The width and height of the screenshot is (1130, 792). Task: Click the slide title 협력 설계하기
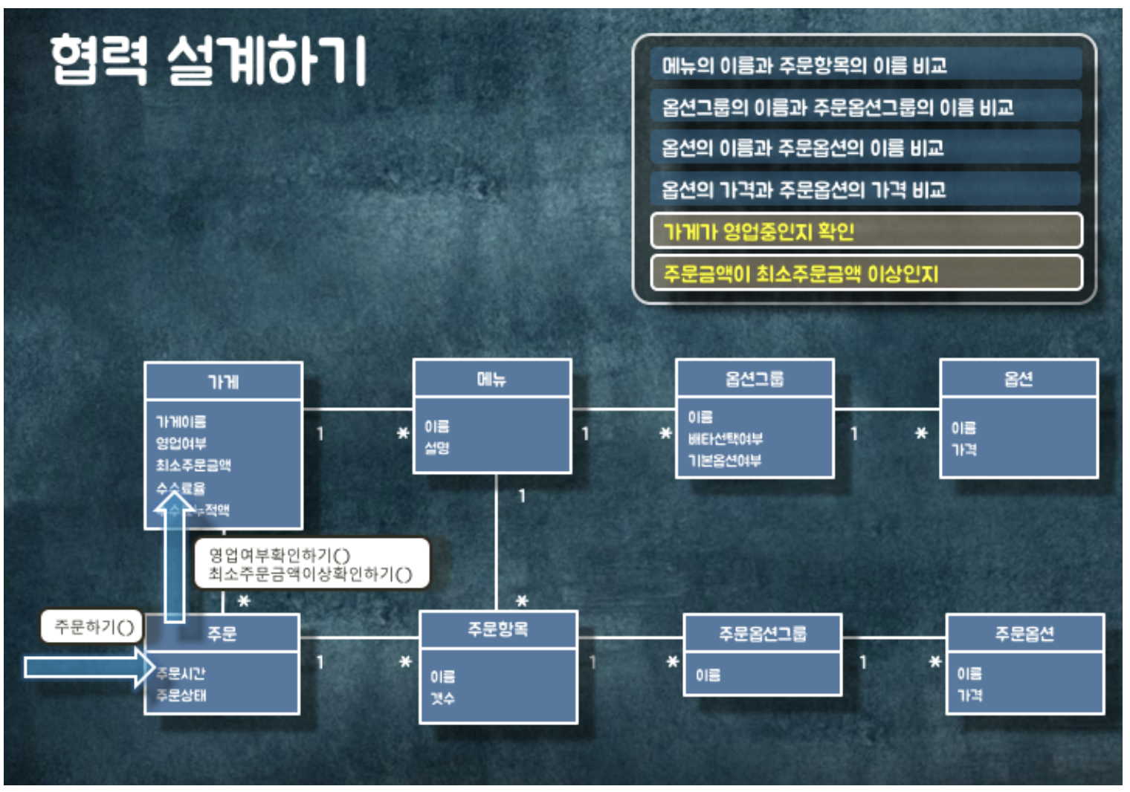point(208,59)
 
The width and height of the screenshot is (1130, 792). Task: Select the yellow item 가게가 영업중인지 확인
point(758,231)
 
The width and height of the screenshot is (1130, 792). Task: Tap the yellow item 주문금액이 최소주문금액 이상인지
point(801,273)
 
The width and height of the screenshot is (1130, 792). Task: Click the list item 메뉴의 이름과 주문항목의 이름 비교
point(804,65)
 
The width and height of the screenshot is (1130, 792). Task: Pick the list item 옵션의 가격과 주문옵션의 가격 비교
point(803,189)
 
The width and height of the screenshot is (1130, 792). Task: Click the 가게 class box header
point(223,382)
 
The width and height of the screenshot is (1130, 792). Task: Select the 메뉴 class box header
point(491,379)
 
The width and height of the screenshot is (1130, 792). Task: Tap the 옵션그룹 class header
point(755,379)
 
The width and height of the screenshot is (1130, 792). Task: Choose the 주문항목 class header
point(497,629)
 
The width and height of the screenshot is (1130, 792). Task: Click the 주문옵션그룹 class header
point(762,633)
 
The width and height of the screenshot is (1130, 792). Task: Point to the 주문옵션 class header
point(1024,633)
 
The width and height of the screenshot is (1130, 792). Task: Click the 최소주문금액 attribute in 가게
point(193,465)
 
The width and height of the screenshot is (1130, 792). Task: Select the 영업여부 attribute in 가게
point(181,444)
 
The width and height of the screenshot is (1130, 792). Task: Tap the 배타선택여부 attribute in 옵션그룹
point(725,438)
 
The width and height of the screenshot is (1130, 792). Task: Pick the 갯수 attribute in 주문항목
point(442,698)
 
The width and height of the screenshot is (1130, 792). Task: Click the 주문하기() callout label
point(94,627)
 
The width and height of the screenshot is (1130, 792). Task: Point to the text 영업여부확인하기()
point(280,554)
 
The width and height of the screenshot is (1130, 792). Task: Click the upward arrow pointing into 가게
point(174,557)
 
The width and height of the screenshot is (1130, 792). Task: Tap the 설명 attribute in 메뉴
point(436,447)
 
